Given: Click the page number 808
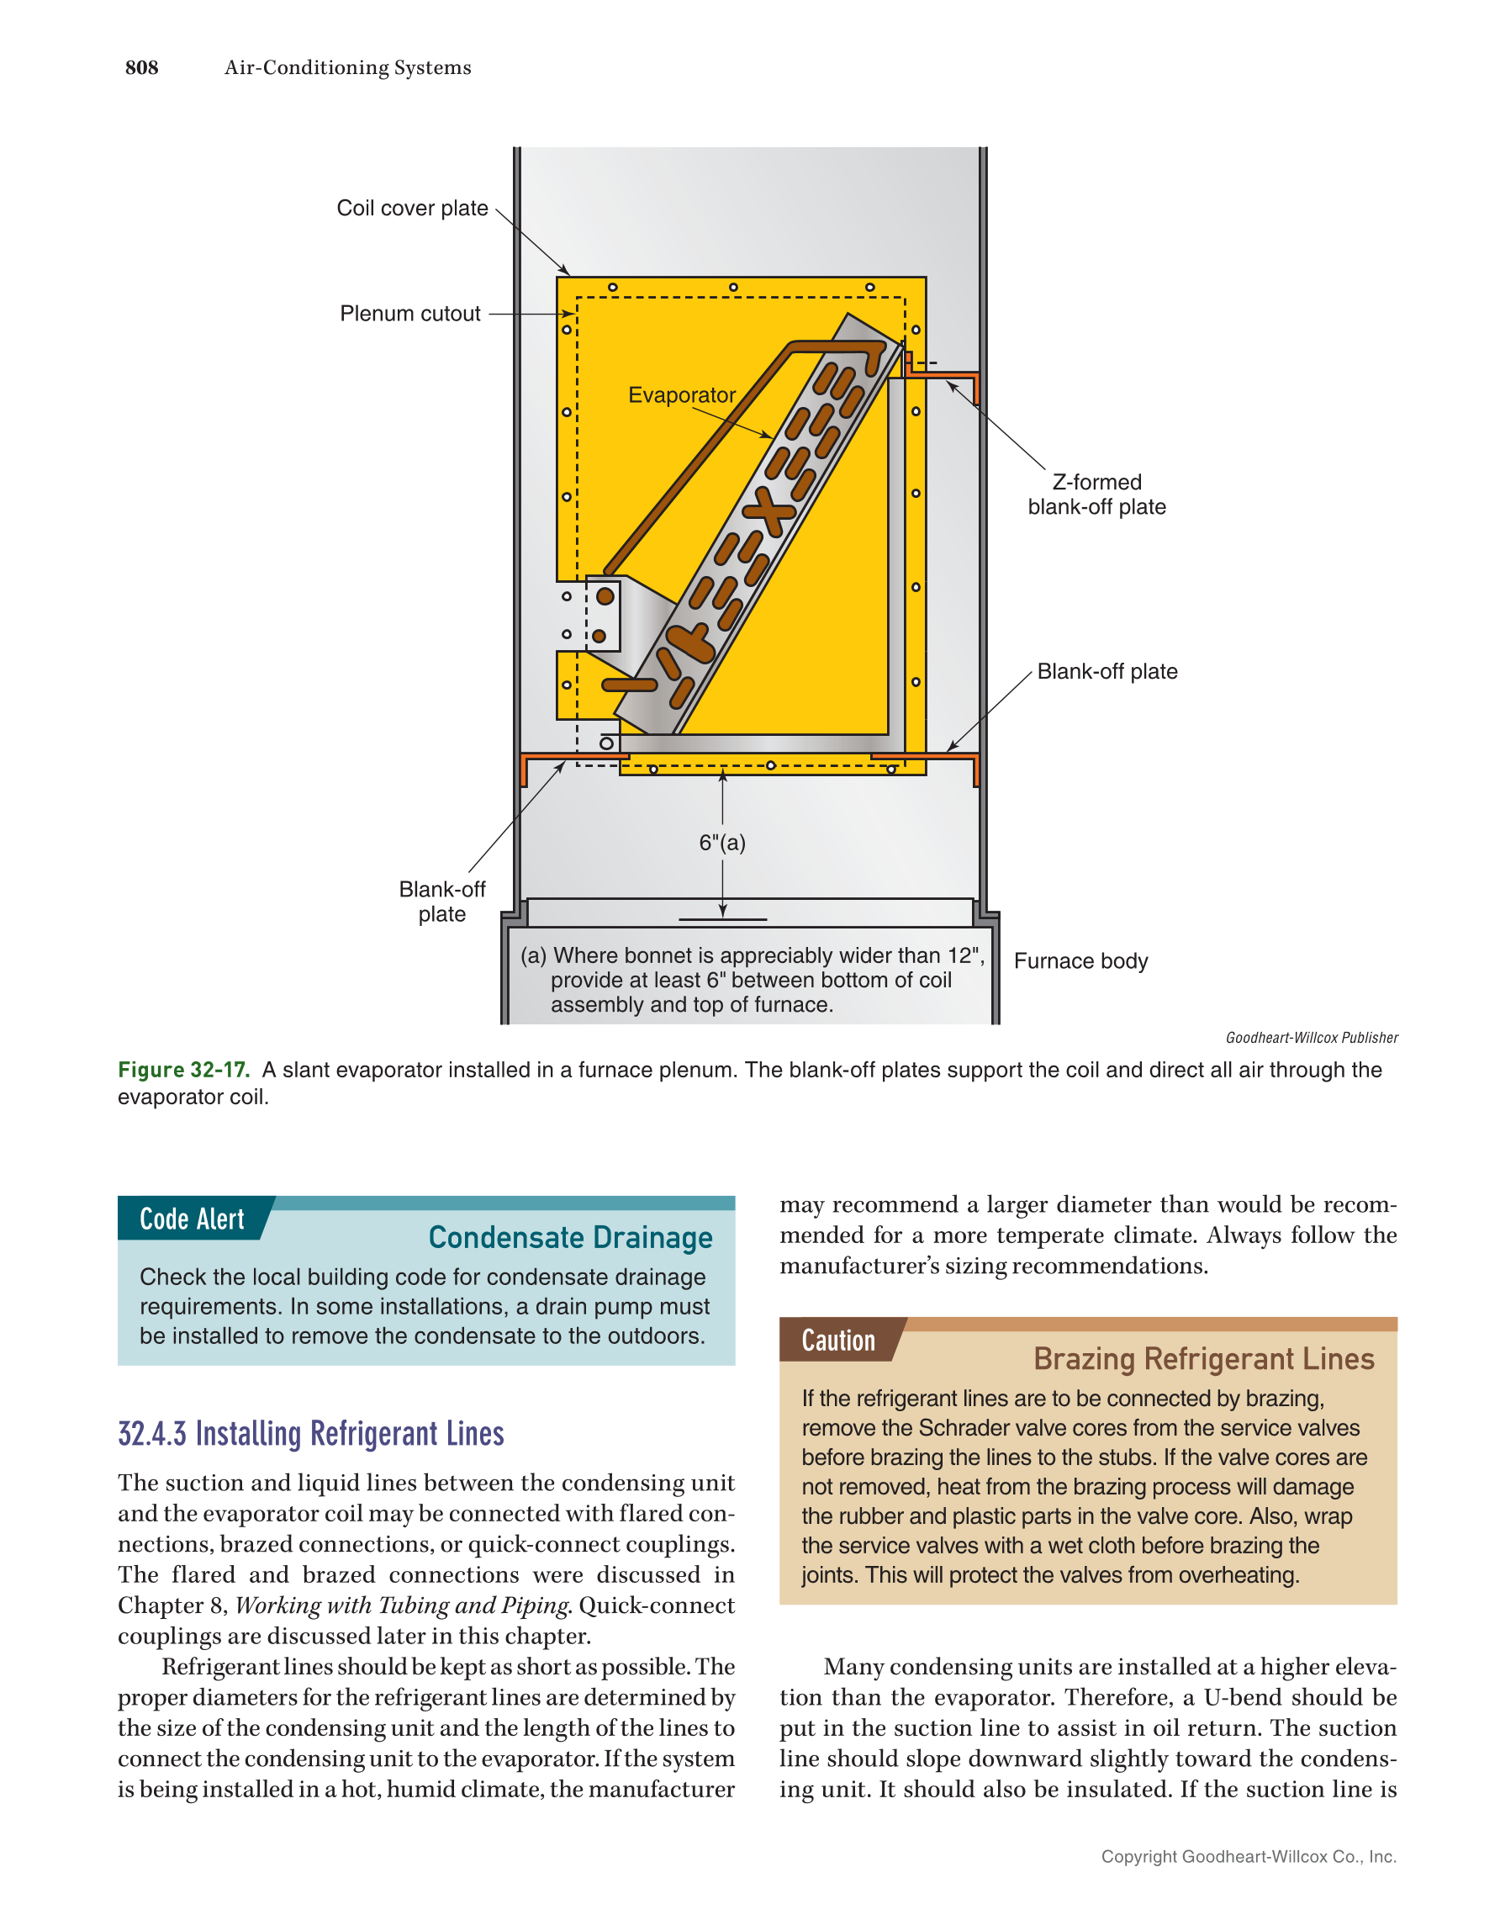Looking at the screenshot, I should [141, 67].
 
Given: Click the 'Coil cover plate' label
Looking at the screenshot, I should [412, 209].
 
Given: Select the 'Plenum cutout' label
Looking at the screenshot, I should [409, 314].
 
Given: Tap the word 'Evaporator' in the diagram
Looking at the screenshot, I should [681, 394].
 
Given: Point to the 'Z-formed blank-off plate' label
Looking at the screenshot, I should [1096, 494].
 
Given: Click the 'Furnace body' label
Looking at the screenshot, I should [1080, 961].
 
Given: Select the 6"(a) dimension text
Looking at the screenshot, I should [721, 842].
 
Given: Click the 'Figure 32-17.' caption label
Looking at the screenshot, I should [183, 1070].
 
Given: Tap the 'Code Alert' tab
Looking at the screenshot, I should [192, 1219].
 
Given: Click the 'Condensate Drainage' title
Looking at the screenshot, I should [570, 1237].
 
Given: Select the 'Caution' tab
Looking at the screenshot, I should [837, 1341].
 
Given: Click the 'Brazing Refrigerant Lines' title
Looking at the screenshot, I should [1203, 1359].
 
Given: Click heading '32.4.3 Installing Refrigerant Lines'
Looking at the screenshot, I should [311, 1434].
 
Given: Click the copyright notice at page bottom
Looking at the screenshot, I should [1248, 1856].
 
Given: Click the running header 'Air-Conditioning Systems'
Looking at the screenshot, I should [347, 67].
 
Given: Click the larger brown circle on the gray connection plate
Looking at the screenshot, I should [605, 596].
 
